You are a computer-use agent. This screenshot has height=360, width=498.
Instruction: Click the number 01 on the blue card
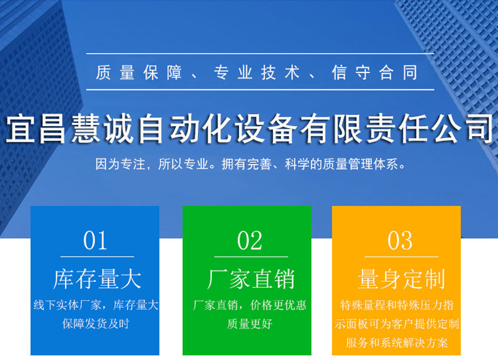(x=96, y=241)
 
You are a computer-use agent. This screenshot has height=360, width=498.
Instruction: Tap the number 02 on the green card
(x=250, y=241)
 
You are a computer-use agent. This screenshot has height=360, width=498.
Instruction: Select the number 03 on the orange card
(x=400, y=241)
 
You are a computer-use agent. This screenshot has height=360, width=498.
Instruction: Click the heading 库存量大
(x=96, y=279)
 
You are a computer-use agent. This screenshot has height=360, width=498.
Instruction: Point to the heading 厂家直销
(x=250, y=279)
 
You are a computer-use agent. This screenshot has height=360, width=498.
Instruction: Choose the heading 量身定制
(x=401, y=279)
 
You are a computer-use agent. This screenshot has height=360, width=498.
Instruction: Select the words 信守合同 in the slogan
(x=375, y=73)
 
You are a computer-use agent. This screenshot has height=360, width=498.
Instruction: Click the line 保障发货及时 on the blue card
(x=96, y=324)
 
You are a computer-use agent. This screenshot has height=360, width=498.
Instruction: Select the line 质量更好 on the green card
(x=250, y=324)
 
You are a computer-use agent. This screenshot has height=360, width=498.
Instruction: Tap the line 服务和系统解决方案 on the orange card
(x=397, y=344)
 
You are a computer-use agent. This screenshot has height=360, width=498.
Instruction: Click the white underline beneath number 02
(x=250, y=257)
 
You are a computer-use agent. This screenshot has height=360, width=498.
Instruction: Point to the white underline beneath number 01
(x=96, y=257)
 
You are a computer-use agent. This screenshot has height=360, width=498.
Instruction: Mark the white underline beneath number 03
(x=401, y=257)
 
